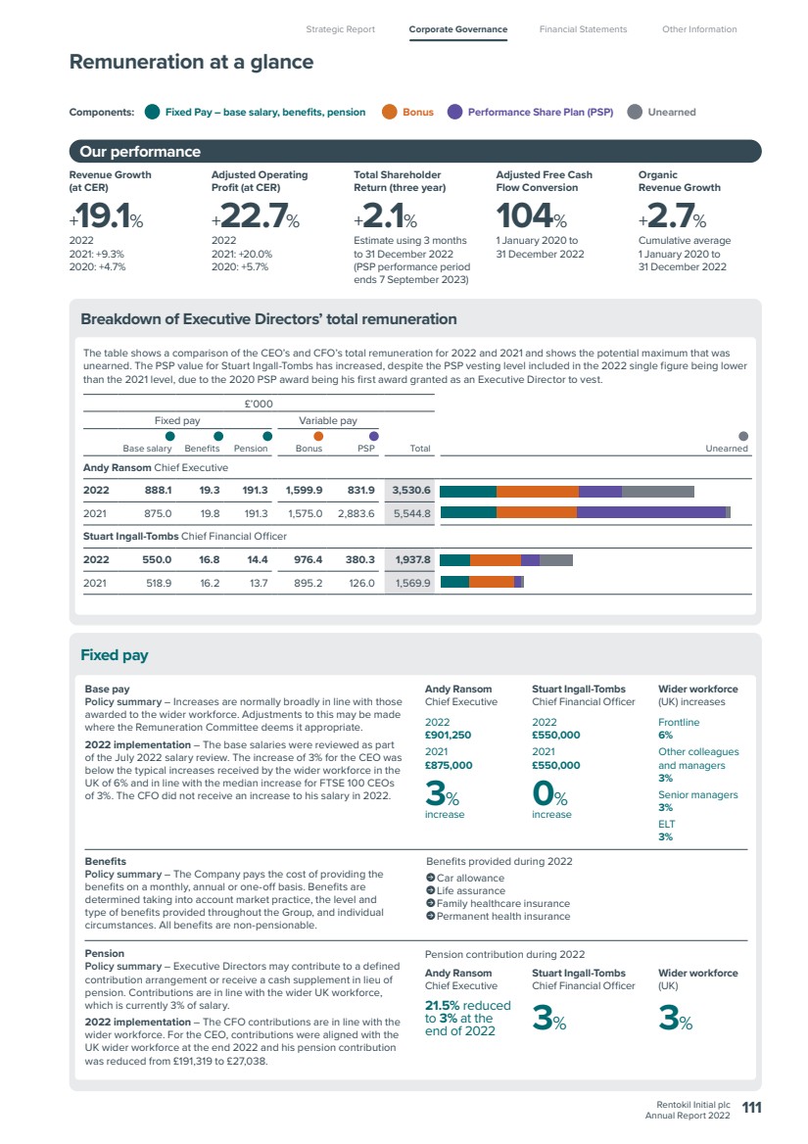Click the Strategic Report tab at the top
[341, 29]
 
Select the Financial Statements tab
[583, 29]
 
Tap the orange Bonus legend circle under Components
[390, 112]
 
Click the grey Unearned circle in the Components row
[635, 112]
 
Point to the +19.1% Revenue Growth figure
[107, 215]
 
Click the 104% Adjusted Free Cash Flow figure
[532, 215]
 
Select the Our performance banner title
[140, 152]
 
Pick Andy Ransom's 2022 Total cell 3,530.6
[411, 491]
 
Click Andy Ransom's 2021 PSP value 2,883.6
[356, 513]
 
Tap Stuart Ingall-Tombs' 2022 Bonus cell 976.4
[308, 559]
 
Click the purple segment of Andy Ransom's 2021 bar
[651, 513]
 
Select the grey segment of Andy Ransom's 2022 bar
[658, 491]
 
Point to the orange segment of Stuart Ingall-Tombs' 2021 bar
[492, 582]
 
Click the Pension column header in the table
[251, 449]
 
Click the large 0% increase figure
[549, 793]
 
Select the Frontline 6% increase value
[666, 736]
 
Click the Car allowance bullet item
[465, 879]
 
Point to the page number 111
[752, 1108]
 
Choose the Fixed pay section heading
[115, 655]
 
